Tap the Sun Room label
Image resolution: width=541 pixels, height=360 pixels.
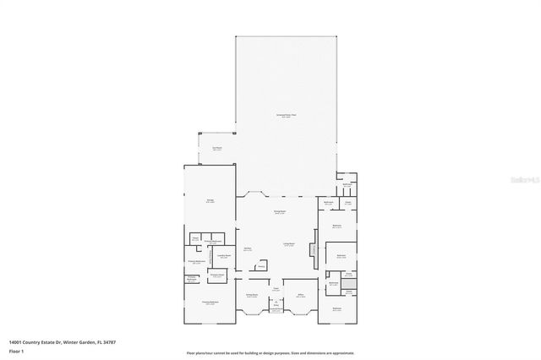(x=216, y=148)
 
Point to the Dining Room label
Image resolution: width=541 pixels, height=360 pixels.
(x=278, y=212)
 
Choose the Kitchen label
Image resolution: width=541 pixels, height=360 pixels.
(x=248, y=249)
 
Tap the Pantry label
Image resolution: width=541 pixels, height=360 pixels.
(x=261, y=265)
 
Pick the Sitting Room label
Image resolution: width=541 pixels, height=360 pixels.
(x=251, y=295)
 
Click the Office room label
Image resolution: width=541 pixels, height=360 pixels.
(x=300, y=295)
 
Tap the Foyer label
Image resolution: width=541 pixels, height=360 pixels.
(x=276, y=290)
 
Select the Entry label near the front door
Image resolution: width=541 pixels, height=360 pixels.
(x=276, y=305)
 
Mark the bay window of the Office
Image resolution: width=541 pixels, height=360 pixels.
(x=300, y=313)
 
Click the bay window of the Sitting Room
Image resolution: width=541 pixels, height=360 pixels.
(x=251, y=313)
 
